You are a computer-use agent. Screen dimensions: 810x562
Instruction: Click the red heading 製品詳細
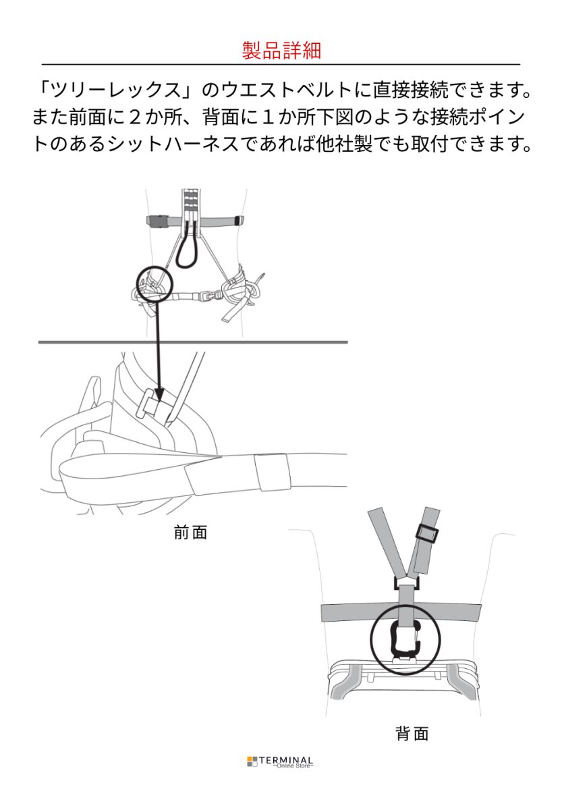point(281,50)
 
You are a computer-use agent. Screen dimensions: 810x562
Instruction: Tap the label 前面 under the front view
point(190,533)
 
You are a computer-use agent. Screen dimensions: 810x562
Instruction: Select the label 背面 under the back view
point(412,734)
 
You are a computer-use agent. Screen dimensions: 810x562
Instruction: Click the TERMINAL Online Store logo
point(281,761)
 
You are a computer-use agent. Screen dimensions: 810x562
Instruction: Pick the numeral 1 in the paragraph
point(286,116)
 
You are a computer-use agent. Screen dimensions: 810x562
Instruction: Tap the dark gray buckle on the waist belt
point(157,220)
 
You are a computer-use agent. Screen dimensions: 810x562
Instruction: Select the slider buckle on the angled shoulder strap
point(426,533)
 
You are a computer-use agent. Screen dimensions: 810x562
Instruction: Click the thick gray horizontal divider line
point(193,342)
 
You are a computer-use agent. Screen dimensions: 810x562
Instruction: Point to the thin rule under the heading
point(281,64)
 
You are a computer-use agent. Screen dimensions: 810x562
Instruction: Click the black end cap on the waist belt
point(238,220)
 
